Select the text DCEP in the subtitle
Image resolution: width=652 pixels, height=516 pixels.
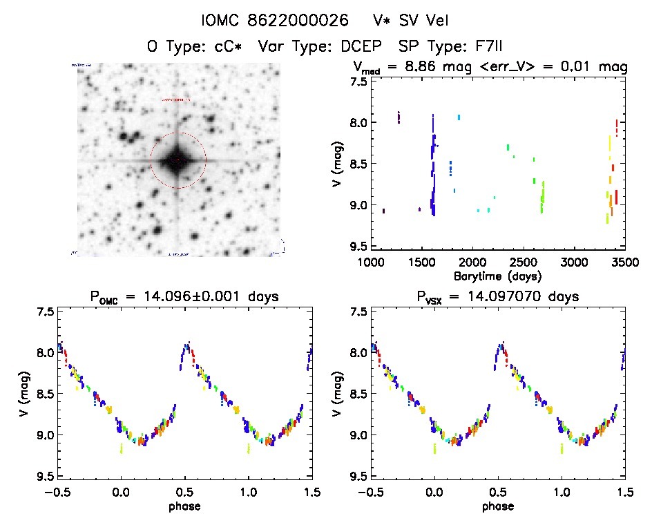359,47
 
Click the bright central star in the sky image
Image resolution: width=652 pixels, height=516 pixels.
178,160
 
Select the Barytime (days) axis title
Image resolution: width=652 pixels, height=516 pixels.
497,276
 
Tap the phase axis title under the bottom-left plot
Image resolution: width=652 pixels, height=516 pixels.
185,506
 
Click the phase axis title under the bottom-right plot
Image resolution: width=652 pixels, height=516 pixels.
497,506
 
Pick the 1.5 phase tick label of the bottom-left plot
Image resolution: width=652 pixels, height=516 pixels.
311,492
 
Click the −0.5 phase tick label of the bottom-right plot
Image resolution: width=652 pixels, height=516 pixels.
368,492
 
